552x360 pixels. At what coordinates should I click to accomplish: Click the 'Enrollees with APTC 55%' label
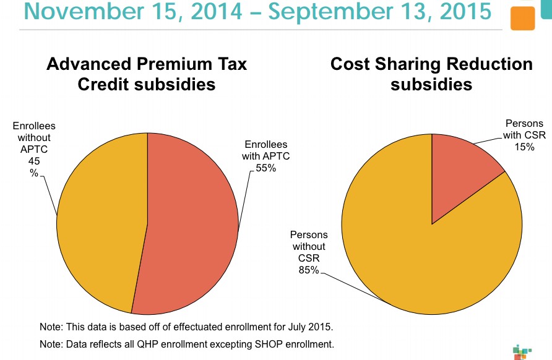pyautogui.click(x=265, y=156)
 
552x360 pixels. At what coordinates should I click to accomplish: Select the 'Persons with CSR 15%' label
pyautogui.click(x=524, y=134)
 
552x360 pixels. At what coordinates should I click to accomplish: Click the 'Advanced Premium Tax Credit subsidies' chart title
pyautogui.click(x=147, y=74)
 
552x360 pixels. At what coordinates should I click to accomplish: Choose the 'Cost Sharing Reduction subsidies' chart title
pyautogui.click(x=431, y=74)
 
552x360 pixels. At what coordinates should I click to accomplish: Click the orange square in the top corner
pyautogui.click(x=523, y=19)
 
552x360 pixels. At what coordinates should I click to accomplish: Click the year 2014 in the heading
pyautogui.click(x=206, y=12)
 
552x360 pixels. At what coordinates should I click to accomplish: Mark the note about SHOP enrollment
pyautogui.click(x=186, y=344)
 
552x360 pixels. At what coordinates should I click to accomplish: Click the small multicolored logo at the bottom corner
pyautogui.click(x=522, y=350)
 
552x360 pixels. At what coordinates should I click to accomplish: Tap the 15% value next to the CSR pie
pyautogui.click(x=524, y=147)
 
